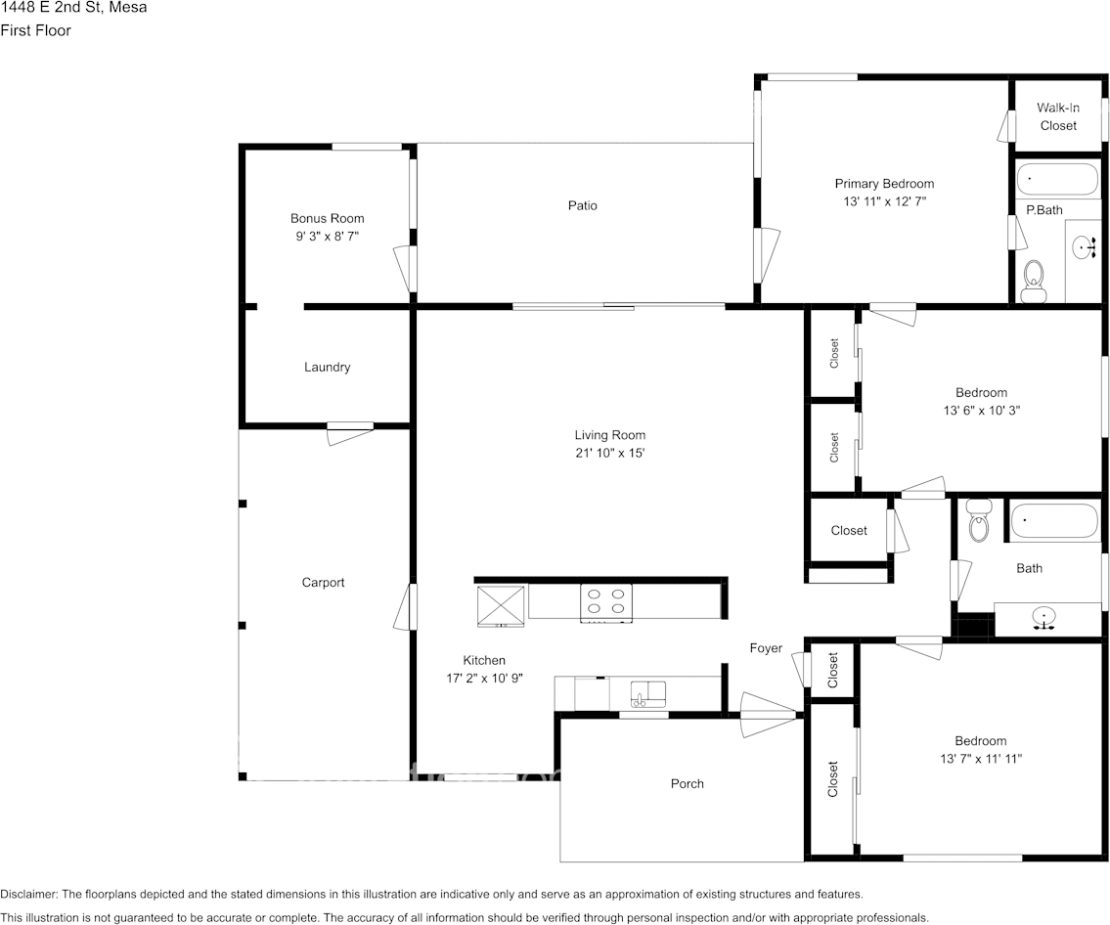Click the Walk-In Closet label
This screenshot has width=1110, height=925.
[x=1057, y=116]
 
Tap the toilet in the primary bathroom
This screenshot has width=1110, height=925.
[x=1033, y=281]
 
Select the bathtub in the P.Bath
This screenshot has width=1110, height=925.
[x=1058, y=180]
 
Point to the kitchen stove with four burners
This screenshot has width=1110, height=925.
[x=605, y=602]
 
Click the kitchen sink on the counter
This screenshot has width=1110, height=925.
[x=647, y=694]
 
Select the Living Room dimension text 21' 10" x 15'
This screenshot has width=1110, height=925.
[x=609, y=453]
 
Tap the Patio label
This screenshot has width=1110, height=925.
[x=582, y=205]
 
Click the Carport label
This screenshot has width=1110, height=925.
[x=323, y=583]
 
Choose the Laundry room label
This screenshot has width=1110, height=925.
[x=327, y=368]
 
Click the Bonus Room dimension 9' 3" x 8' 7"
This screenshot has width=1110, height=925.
[x=327, y=236]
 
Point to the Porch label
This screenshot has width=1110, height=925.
[x=687, y=783]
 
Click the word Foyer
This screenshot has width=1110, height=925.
[x=766, y=648]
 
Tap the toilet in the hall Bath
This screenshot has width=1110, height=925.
[x=978, y=522]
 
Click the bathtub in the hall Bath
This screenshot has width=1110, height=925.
[x=1054, y=520]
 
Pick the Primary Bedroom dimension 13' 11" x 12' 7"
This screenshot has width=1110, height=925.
[x=884, y=201]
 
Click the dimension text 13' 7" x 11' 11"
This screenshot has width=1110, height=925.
[x=980, y=758]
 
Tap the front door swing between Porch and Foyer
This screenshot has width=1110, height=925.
[x=770, y=710]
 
